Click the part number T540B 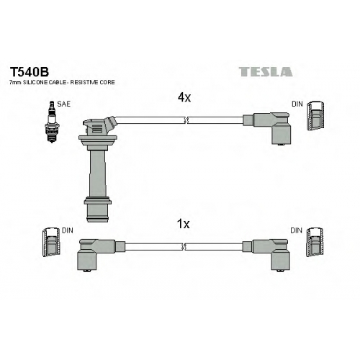pyautogui.click(x=29, y=71)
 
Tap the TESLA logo pyautogui.click(x=266, y=72)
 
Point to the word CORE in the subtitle pyautogui.click(x=107, y=82)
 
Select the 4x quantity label pyautogui.click(x=184, y=97)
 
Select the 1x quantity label pyautogui.click(x=183, y=224)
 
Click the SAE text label pyautogui.click(x=63, y=104)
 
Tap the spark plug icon pyautogui.click(x=51, y=122)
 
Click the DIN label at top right pyautogui.click(x=297, y=104)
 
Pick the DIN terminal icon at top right pyautogui.click(x=316, y=116)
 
